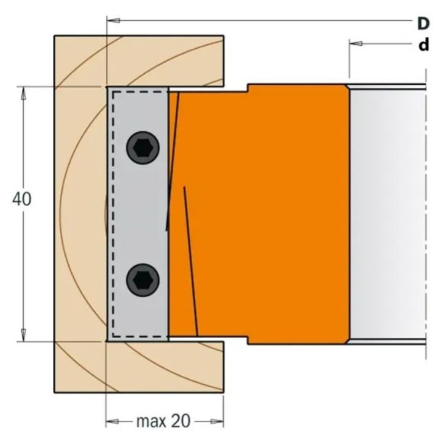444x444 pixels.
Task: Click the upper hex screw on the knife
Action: (x=143, y=148)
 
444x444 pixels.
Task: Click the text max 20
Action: (x=163, y=421)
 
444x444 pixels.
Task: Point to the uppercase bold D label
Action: (x=423, y=23)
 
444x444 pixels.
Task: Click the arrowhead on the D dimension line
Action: (x=112, y=21)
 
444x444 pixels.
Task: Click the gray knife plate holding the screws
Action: (x=137, y=213)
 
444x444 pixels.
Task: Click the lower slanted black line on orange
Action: (x=190, y=262)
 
